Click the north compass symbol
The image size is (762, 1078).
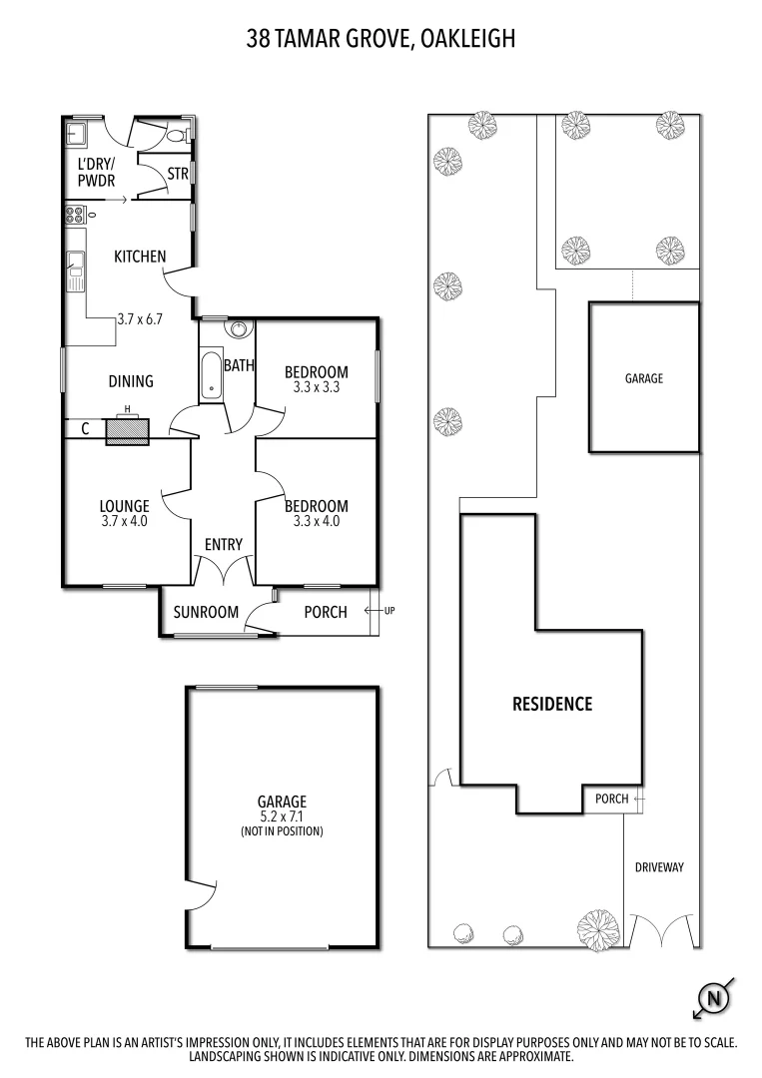click(713, 996)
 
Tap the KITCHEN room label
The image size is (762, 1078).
click(140, 257)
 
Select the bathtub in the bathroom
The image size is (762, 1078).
click(211, 374)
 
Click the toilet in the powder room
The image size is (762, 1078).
click(177, 135)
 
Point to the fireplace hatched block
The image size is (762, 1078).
click(127, 430)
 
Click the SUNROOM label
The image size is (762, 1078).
click(207, 612)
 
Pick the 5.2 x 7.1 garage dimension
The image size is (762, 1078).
click(282, 816)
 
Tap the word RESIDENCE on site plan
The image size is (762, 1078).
click(552, 704)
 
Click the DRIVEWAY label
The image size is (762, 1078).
click(659, 867)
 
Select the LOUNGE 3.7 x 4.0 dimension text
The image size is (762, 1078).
click(125, 520)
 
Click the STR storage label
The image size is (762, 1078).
click(178, 174)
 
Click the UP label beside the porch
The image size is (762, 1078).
click(389, 610)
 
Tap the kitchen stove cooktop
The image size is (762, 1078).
click(76, 212)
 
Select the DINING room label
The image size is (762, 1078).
click(131, 380)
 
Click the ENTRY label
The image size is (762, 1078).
click(224, 544)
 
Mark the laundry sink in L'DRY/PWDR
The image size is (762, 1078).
click(78, 135)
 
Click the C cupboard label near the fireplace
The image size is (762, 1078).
click(86, 430)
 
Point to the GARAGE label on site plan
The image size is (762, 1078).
click(644, 378)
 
